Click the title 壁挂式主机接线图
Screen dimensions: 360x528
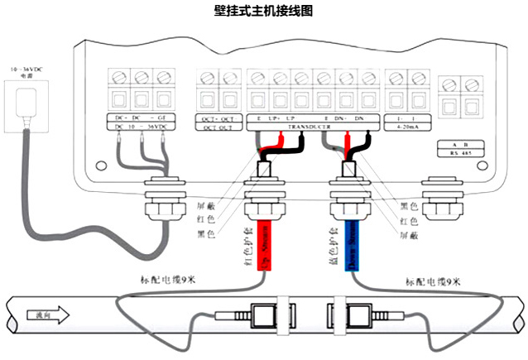point(264,11)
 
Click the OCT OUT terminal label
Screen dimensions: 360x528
point(218,127)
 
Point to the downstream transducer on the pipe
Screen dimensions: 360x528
point(360,316)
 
